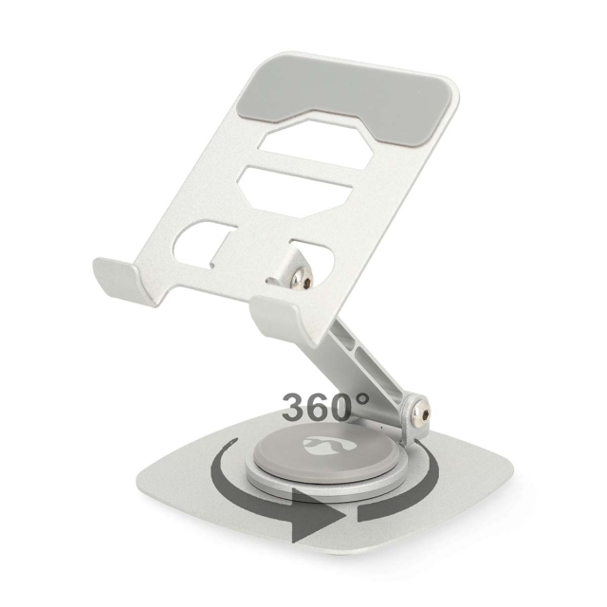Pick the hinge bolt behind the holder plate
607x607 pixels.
point(304,275)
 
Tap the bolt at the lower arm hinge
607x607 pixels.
point(416,414)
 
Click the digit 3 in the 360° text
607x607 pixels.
point(297,407)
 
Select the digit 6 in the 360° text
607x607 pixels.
point(322,407)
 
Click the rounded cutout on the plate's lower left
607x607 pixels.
point(200,248)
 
